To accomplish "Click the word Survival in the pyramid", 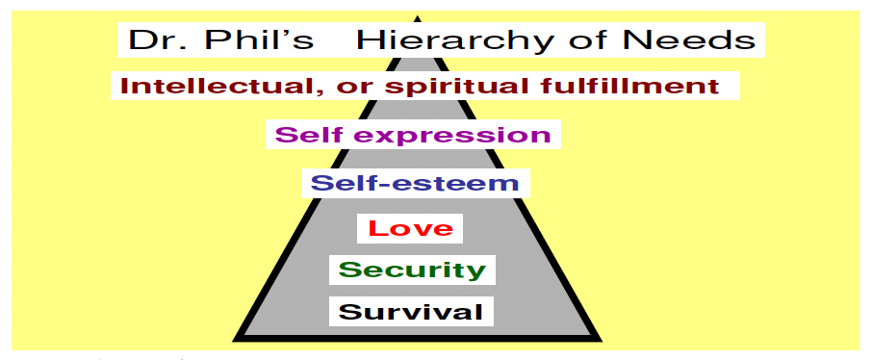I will pos(411,312).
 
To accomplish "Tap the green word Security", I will pos(412,270).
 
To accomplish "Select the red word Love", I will pos(410,228).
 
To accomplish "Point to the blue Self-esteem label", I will pos(415,183).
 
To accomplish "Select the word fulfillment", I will pos(625,86).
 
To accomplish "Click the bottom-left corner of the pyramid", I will pos(237,337).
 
